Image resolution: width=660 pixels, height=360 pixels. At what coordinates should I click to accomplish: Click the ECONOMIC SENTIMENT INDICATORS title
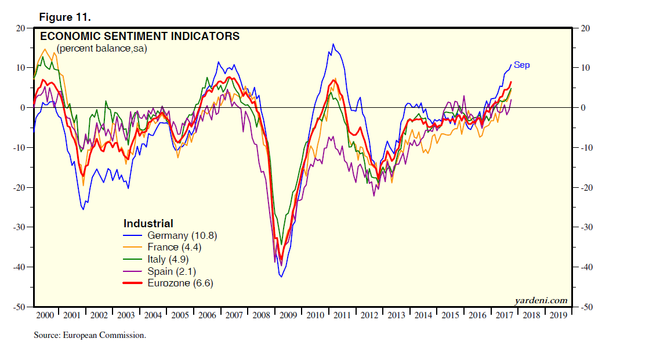pyautogui.click(x=139, y=37)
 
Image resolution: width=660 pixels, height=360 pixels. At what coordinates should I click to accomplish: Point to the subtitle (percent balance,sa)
pyautogui.click(x=101, y=49)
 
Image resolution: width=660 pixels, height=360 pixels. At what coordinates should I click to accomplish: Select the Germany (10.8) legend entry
pyautogui.click(x=182, y=235)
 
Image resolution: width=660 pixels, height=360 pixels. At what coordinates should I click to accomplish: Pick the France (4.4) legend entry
pyautogui.click(x=174, y=248)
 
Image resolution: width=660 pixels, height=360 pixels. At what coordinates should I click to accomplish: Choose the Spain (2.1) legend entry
pyautogui.click(x=172, y=271)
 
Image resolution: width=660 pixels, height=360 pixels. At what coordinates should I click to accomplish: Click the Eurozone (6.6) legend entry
pyautogui.click(x=184, y=283)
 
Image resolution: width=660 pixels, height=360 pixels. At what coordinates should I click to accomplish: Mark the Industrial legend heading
pyautogui.click(x=148, y=223)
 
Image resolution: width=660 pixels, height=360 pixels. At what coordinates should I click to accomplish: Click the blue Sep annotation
pyautogui.click(x=521, y=65)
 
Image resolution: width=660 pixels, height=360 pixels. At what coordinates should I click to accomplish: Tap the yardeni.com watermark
pyautogui.click(x=541, y=300)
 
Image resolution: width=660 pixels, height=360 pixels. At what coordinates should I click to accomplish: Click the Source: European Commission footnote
pyautogui.click(x=89, y=335)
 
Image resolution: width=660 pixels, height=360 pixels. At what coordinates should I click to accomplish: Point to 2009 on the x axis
pyautogui.click(x=288, y=315)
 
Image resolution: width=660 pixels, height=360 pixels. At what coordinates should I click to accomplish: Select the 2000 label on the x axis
pyautogui.click(x=45, y=315)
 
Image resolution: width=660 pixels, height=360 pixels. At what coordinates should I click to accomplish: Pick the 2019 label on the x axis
pyautogui.click(x=559, y=315)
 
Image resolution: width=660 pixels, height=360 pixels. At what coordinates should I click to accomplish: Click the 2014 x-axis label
pyautogui.click(x=423, y=315)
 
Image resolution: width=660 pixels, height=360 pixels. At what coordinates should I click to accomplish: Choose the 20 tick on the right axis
pyautogui.click(x=585, y=28)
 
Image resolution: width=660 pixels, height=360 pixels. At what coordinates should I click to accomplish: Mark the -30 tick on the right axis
pyautogui.click(x=586, y=227)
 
